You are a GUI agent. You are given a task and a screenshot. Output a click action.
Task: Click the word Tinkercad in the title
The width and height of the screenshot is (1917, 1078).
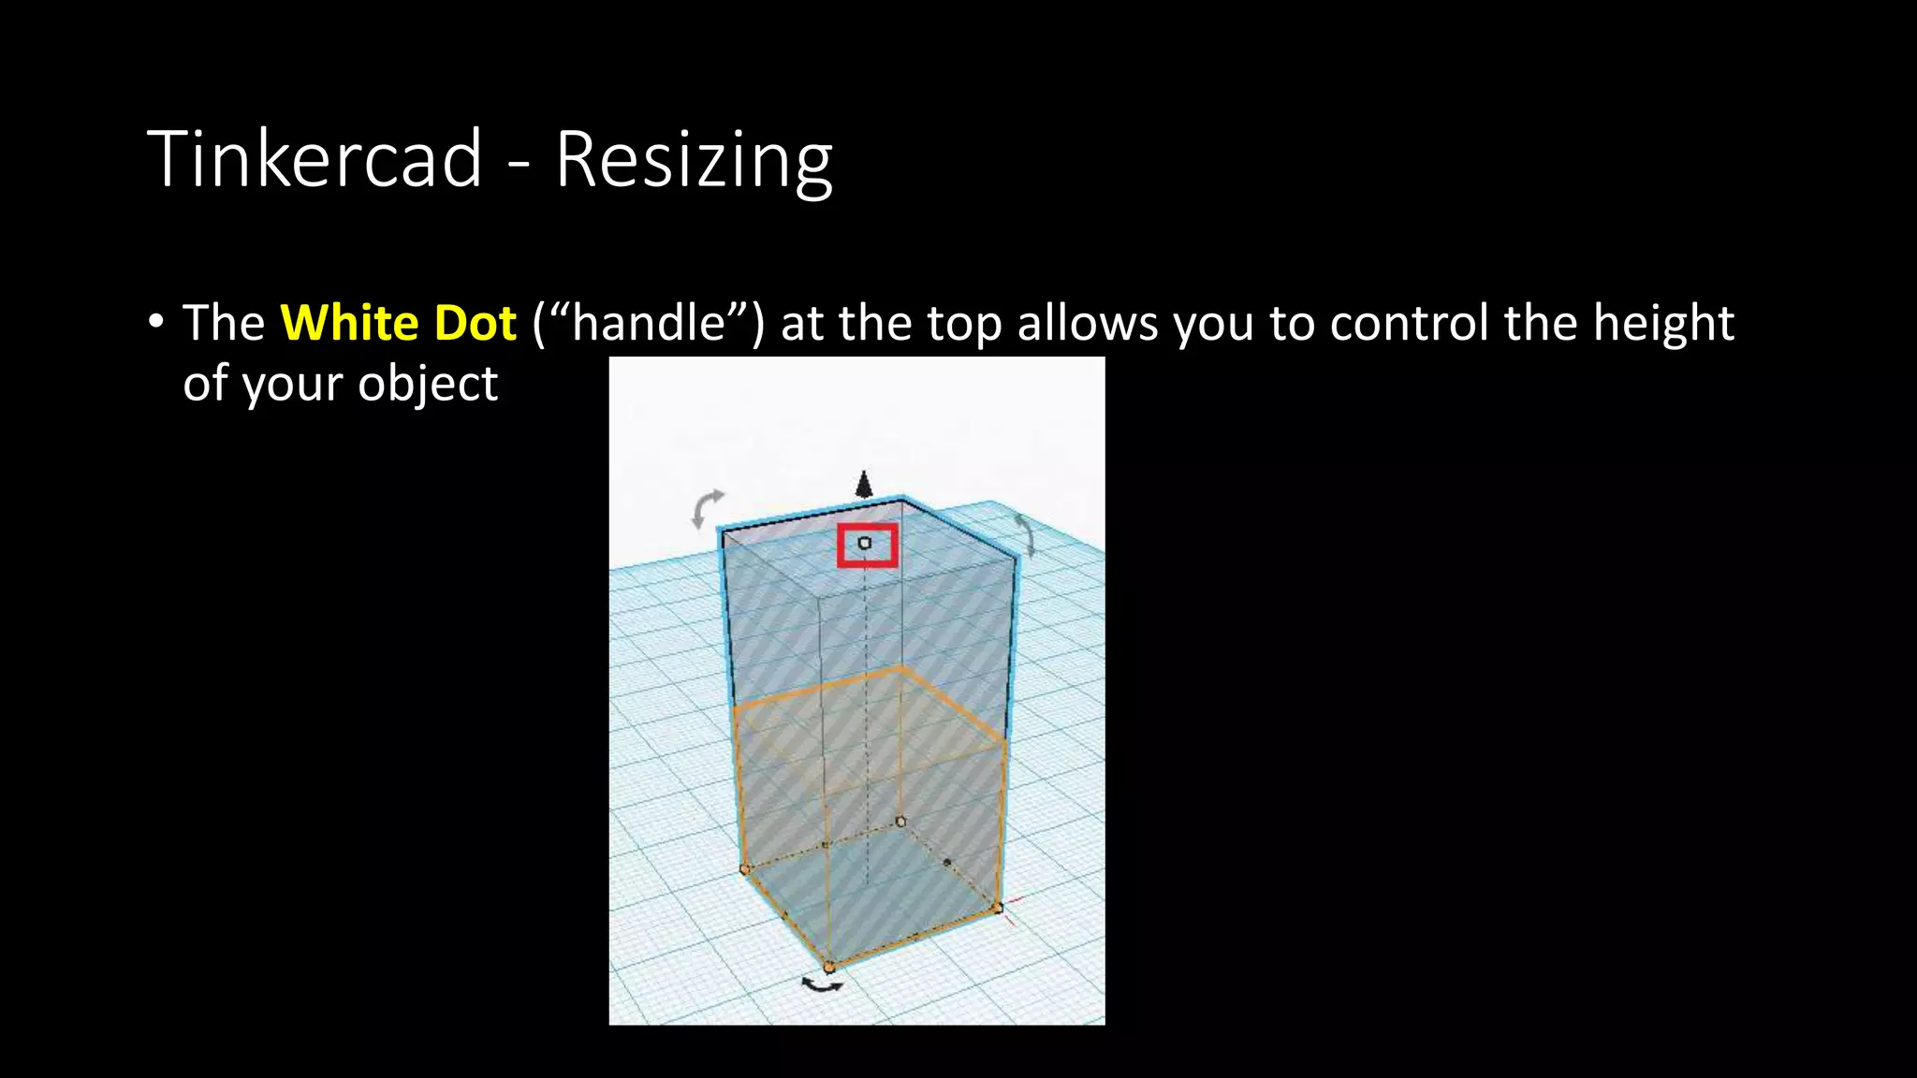pos(315,158)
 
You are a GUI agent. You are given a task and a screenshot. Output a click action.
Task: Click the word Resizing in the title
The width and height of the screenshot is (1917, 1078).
pos(693,160)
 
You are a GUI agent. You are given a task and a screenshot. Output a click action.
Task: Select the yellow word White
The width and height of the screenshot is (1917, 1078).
pos(349,323)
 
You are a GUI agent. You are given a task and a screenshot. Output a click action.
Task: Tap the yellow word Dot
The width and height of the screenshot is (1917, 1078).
pos(476,323)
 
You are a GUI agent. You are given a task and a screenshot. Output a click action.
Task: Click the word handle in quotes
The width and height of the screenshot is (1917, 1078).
pos(649,323)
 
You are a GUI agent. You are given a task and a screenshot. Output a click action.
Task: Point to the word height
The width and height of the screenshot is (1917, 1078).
pos(1663,323)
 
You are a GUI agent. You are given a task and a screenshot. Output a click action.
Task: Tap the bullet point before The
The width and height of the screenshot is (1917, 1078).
pos(155,322)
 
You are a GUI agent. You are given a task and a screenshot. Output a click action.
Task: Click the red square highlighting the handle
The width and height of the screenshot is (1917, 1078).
pos(867,545)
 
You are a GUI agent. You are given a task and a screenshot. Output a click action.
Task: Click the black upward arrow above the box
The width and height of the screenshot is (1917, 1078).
pos(864,484)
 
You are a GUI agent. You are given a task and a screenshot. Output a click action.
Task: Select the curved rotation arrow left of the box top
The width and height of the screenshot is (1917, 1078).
pos(707,507)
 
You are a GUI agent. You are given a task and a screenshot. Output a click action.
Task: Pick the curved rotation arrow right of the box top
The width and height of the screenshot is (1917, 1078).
pos(1026,533)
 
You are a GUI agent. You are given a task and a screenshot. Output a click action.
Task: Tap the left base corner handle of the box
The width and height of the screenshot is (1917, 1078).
pos(745,869)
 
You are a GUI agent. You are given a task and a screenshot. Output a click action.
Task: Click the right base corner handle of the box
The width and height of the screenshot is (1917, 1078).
pos(998,907)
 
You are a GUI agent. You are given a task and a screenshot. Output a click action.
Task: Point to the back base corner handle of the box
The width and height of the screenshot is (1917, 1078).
pos(900,822)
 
